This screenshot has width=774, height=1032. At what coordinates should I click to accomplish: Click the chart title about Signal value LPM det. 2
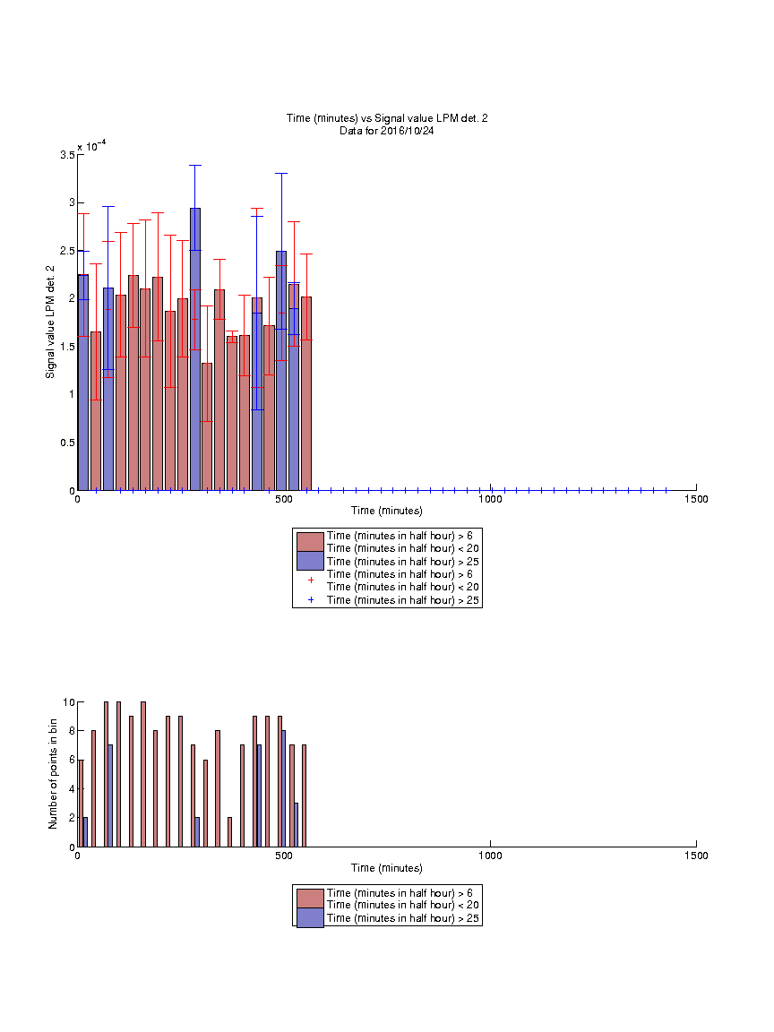point(387,118)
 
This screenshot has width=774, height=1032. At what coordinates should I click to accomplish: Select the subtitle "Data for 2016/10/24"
point(387,131)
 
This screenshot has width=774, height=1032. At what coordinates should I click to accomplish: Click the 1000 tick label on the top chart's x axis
point(490,499)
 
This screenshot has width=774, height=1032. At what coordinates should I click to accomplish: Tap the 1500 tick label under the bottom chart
point(696,856)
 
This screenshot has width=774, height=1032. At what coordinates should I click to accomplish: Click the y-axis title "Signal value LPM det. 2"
point(50,322)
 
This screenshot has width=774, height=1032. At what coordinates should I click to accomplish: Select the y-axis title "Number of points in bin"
point(53,774)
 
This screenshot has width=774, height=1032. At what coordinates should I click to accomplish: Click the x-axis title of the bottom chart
point(387,868)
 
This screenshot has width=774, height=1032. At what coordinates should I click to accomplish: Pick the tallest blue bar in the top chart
point(195,349)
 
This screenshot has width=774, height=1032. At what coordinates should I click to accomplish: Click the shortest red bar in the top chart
point(207,426)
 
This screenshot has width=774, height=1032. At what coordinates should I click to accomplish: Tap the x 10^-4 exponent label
point(92,146)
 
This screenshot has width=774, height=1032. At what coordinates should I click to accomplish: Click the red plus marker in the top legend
point(311,580)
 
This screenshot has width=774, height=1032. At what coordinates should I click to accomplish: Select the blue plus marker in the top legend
point(311,600)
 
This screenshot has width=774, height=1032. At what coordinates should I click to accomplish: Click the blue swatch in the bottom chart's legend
point(310,917)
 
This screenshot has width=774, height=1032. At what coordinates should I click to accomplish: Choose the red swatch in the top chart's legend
point(310,542)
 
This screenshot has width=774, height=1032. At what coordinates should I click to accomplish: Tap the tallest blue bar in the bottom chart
point(284,788)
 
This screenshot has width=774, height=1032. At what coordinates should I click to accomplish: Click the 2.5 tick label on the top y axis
point(68,251)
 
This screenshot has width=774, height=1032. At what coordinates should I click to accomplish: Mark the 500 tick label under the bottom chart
point(284,856)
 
